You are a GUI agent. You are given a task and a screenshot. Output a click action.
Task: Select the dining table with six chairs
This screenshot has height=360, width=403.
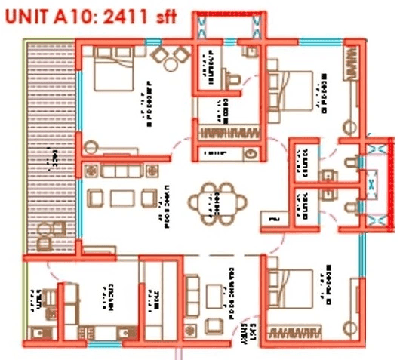[x=217, y=202]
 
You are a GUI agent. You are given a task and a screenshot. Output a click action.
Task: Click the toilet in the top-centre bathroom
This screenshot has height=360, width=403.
[x=233, y=77]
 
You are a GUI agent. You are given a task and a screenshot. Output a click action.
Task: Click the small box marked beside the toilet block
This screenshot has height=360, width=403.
[x=273, y=220]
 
